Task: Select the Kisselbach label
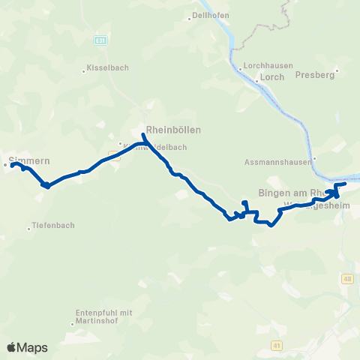pos(109,67)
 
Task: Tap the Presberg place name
pos(313,75)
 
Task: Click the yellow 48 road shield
pos(346,280)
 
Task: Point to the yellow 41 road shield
pos(277,345)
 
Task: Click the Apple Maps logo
pos(27,347)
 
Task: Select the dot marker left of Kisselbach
pos(84,71)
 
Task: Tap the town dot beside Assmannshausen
pos(314,157)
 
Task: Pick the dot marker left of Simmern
pos(5,164)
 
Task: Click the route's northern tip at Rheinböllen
pos(143,135)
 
